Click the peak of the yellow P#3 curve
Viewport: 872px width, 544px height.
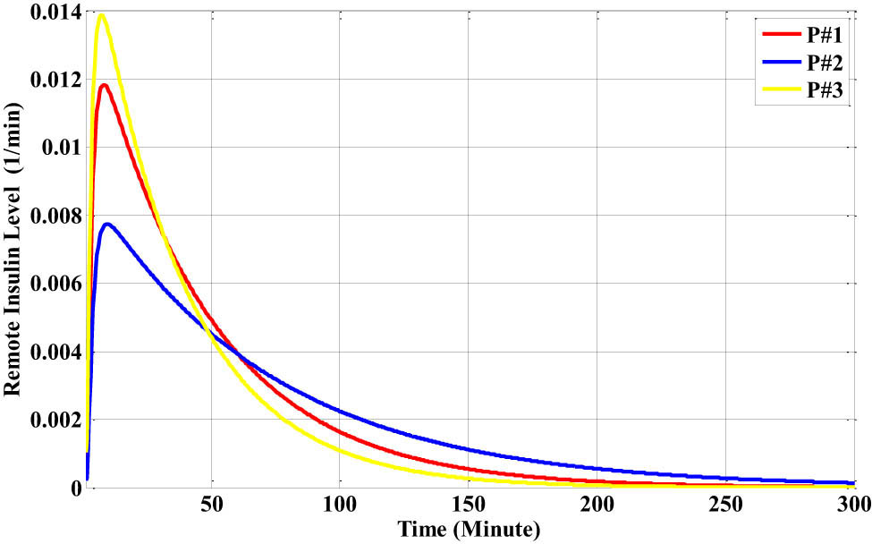point(101,15)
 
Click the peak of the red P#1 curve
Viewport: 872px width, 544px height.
point(105,85)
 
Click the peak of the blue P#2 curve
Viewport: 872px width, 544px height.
point(107,224)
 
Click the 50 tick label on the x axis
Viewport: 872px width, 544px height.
point(212,505)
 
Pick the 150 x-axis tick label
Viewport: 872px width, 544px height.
point(468,505)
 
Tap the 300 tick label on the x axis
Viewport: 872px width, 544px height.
point(851,505)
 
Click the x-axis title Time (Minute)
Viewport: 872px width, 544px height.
point(470,530)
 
